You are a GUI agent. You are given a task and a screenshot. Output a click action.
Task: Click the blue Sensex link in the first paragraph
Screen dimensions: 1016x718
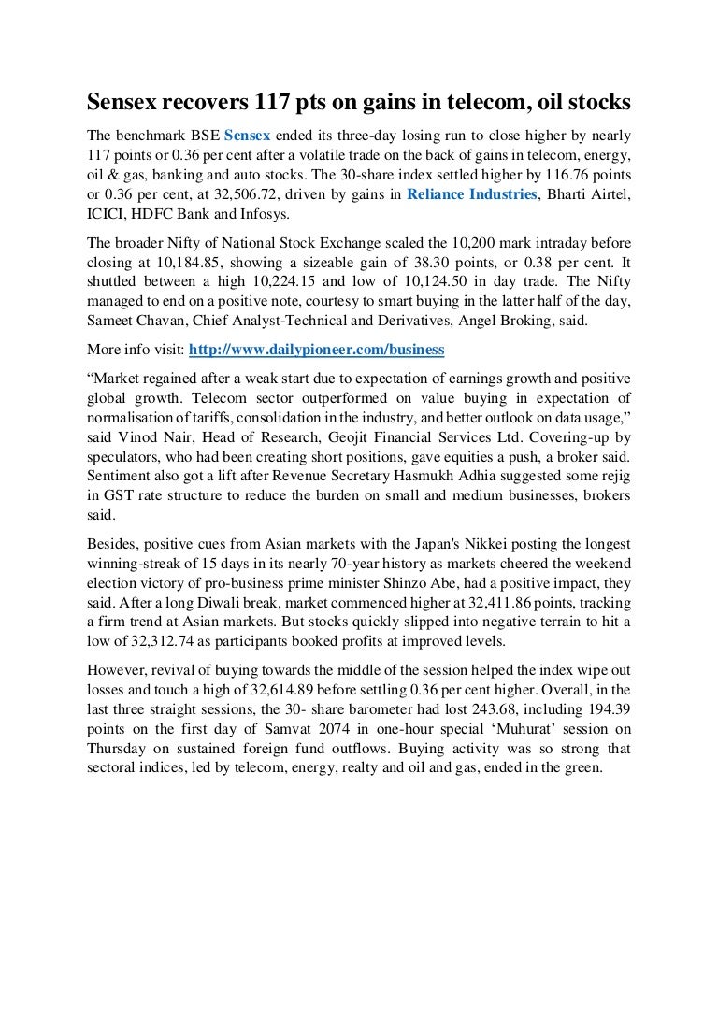coord(247,135)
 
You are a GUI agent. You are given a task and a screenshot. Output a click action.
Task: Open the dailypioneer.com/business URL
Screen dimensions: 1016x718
coord(317,350)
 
